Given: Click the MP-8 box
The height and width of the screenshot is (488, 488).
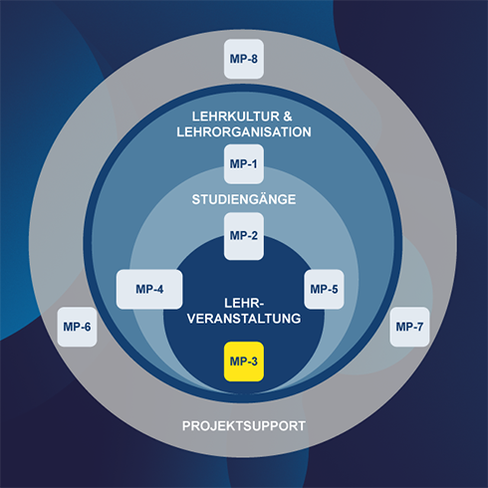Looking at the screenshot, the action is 244,59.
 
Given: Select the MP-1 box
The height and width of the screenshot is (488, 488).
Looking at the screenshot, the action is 244,164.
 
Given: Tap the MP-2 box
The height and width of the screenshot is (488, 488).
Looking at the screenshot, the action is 244,236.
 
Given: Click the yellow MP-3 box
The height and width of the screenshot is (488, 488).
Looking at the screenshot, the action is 244,362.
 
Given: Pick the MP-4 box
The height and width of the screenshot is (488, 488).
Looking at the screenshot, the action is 149,289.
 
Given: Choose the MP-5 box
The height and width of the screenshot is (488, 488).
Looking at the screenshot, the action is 324,289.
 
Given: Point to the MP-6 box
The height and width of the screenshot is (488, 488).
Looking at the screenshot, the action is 77,327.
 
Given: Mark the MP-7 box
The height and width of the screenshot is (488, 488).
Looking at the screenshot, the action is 409,327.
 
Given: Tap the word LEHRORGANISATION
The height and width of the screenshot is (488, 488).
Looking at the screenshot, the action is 244,132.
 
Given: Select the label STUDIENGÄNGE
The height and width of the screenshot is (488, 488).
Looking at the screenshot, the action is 244,199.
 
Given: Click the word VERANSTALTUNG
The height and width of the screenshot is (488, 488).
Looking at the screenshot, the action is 244,319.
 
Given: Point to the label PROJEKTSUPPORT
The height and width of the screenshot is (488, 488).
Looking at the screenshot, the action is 244,426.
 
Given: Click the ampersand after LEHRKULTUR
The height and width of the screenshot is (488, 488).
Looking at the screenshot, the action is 288,117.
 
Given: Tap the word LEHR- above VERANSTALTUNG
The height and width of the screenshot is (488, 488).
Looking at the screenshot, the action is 244,303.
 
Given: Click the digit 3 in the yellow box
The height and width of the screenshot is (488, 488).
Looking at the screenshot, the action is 254,362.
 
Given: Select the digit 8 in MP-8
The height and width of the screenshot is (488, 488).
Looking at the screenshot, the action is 254,59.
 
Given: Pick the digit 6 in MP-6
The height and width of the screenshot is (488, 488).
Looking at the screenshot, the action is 88,327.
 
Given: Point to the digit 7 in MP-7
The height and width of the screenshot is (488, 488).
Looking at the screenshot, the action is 419,327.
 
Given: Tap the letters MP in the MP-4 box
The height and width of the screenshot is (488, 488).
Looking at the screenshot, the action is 143,289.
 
